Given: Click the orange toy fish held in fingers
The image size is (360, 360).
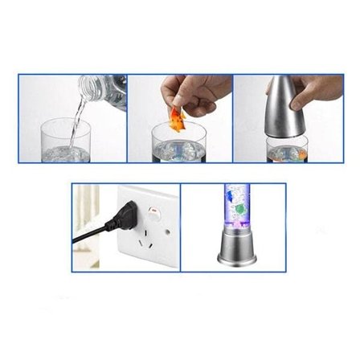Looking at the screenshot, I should click(x=176, y=120).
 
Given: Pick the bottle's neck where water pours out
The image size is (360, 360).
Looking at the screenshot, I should click(x=86, y=86).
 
